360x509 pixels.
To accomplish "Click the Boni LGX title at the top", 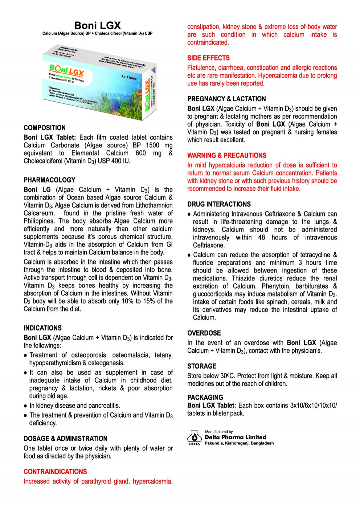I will point(97,25).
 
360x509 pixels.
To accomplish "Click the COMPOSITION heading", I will point(45,128).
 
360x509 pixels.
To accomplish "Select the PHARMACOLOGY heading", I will point(49,180).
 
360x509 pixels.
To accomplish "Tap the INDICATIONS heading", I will point(42,328).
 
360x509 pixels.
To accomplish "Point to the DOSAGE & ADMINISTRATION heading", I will point(65,439).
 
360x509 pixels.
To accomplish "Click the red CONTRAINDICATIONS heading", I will point(55,472).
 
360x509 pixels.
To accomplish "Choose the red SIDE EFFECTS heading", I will point(208,58).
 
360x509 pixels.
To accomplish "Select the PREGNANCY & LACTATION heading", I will point(226,99).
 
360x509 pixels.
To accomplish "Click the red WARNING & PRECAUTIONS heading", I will point(227,156).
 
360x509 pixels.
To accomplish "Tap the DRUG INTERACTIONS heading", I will point(219,204).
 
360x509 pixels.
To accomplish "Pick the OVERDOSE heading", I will point(204,333).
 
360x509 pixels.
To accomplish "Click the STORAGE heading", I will point(202,366).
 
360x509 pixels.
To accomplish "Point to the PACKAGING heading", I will point(205,397).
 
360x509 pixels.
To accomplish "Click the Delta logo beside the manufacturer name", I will point(195,438).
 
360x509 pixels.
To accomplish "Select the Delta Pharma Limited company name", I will point(235,437).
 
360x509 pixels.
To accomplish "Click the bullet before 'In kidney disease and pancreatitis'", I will point(25,406).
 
